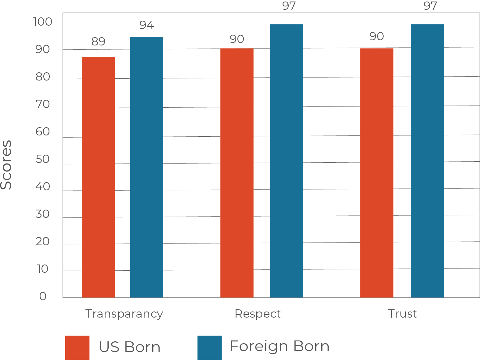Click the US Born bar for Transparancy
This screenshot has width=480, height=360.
click(x=98, y=177)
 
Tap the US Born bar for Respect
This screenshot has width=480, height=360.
click(x=237, y=173)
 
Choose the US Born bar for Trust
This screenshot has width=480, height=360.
click(x=377, y=173)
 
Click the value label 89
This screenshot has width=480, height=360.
click(x=98, y=41)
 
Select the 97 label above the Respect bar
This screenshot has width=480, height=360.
click(x=289, y=6)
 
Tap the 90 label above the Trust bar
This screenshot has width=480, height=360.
click(x=377, y=37)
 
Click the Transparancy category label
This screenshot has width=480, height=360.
click(x=124, y=314)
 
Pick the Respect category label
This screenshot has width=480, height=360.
click(x=258, y=314)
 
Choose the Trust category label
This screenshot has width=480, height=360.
click(x=402, y=314)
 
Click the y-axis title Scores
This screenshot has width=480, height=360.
click(x=6, y=165)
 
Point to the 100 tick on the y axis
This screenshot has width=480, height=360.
click(x=42, y=22)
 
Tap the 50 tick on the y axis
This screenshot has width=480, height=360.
click(x=42, y=159)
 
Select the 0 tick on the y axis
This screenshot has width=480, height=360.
click(x=42, y=296)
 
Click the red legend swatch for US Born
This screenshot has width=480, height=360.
click(x=77, y=347)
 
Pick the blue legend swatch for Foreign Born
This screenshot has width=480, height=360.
click(x=209, y=347)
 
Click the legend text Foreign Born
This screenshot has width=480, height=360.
click(x=280, y=346)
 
